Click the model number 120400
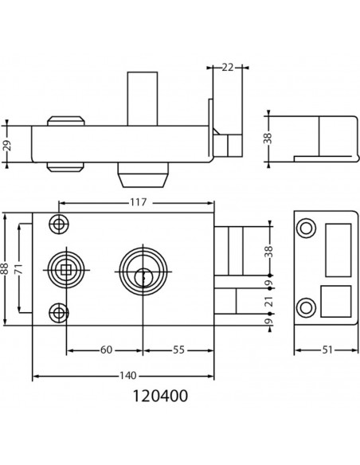coord(160,396)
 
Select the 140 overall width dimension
coord(127,376)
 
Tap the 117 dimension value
coord(139,202)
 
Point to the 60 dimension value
coord(107,350)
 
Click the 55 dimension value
coord(178,350)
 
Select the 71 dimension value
coord(19,268)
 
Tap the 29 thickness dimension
coord(7,145)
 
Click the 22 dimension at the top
coord(228,68)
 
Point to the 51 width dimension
coord(327,350)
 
